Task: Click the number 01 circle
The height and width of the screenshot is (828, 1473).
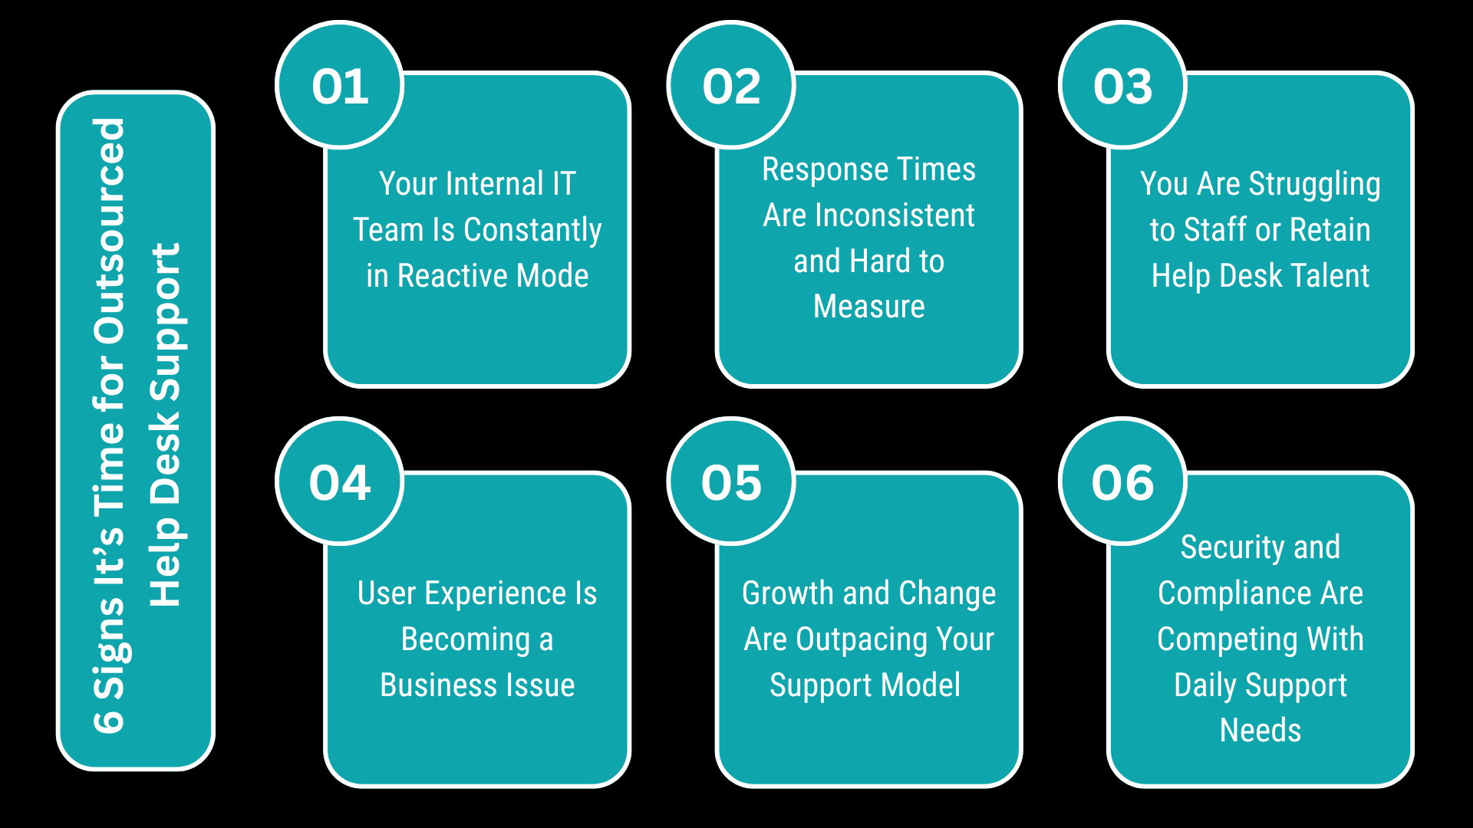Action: [x=340, y=85]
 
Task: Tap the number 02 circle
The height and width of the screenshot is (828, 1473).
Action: [x=731, y=85]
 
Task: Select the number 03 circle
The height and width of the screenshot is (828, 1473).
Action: [x=1122, y=85]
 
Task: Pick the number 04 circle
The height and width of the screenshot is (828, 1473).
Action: [x=340, y=482]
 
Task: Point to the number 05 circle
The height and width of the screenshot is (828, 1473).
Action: [x=731, y=482]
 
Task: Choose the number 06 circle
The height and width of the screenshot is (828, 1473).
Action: [x=1122, y=482]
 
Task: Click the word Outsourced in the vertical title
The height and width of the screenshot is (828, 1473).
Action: [x=109, y=230]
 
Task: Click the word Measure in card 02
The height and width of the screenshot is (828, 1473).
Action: [x=868, y=306]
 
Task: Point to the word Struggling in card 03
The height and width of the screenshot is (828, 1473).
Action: [x=1314, y=184]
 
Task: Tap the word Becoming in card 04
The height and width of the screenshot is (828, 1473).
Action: [x=466, y=639]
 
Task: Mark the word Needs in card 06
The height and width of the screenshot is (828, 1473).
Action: [x=1260, y=730]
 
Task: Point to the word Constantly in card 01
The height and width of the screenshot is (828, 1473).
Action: [x=532, y=230]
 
